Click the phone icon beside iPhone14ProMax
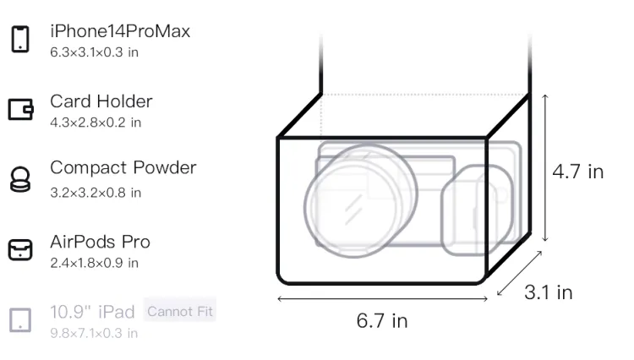pos(20,39)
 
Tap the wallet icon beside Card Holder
pos(20,110)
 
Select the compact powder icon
pos(19,179)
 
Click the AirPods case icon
pos(20,249)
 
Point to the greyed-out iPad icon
pos(20,320)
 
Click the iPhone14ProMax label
pos(120,31)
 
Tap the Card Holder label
pos(101,101)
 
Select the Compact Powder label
pos(123,167)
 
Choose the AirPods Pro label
pos(101,242)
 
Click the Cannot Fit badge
pos(180,311)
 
